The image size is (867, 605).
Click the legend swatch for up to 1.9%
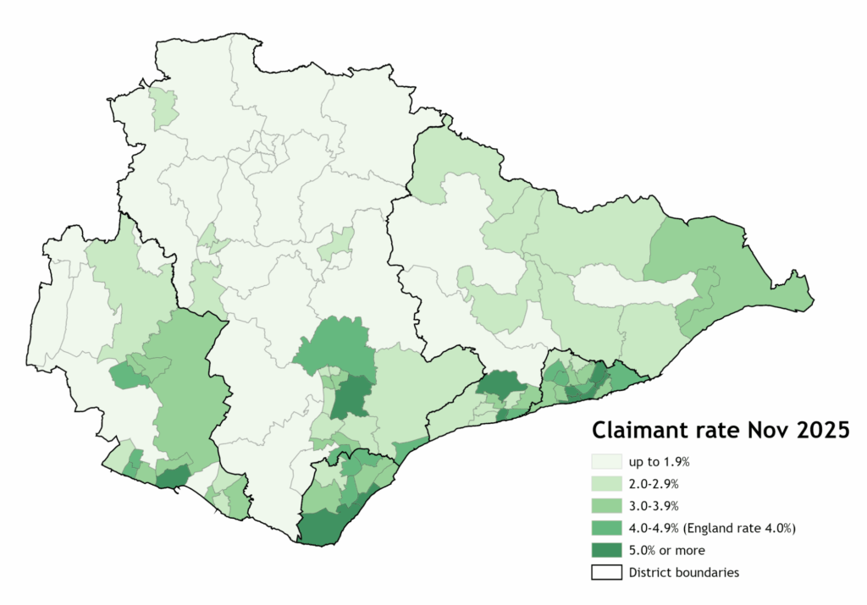605,462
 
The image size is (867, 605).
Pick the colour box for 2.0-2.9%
605,484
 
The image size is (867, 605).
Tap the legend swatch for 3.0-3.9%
605,506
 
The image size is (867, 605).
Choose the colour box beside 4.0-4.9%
605,528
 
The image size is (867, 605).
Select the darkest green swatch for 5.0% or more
605,550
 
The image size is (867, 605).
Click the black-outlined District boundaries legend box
605,572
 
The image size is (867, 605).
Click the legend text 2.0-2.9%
653,484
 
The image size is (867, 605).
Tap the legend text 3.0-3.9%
653,506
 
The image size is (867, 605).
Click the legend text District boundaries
683,572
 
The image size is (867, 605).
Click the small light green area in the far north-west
164,108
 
